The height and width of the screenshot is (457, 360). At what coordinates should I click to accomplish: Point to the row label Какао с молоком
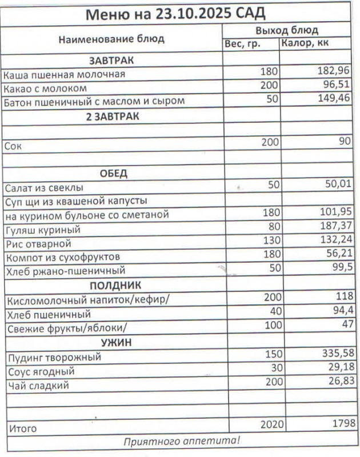(45, 89)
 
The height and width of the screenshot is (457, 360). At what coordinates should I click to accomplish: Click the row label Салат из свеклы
(43, 187)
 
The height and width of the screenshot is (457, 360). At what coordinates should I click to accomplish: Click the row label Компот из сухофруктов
(62, 257)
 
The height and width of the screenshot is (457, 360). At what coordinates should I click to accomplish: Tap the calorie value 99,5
(338, 269)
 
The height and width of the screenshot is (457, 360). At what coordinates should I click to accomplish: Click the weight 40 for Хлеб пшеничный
(271, 312)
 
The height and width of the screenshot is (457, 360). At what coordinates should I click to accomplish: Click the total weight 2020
(272, 425)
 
